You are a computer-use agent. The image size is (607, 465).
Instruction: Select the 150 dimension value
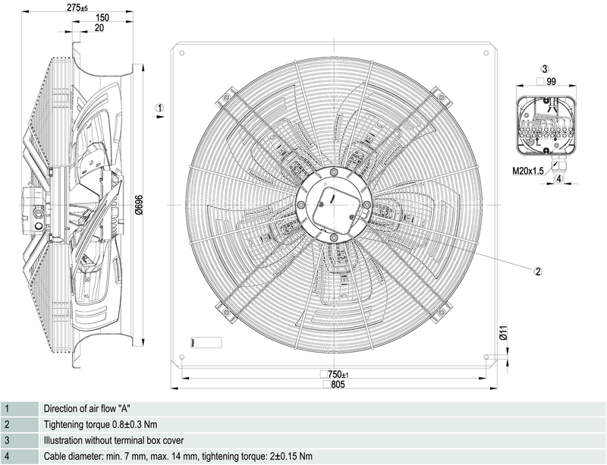tap(102, 17)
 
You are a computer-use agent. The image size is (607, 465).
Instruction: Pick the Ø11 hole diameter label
tap(503, 333)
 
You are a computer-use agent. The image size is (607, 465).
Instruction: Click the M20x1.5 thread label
tap(527, 171)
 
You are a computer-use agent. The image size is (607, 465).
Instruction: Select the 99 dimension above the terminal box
tap(552, 80)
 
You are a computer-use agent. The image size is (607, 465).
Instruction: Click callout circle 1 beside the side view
tap(159, 108)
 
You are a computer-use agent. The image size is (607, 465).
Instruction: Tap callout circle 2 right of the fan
tap(538, 271)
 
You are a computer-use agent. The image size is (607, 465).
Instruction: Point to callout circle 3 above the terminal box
tap(545, 69)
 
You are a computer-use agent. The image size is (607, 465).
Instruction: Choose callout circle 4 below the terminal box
tap(558, 179)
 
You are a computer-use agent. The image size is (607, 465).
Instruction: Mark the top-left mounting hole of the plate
tap(181, 53)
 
